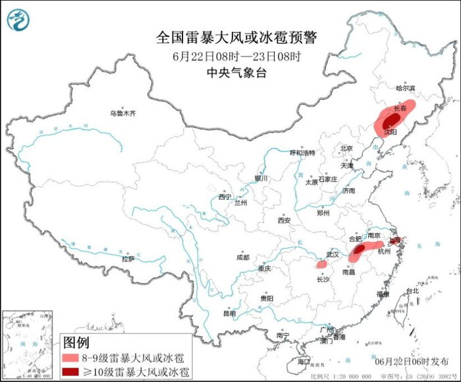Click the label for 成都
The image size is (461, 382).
(242, 257)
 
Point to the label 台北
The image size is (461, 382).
(412, 291)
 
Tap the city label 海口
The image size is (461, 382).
(303, 362)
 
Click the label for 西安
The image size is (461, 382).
(284, 220)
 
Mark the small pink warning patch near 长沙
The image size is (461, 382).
(321, 264)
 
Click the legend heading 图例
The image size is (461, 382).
(76, 342)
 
